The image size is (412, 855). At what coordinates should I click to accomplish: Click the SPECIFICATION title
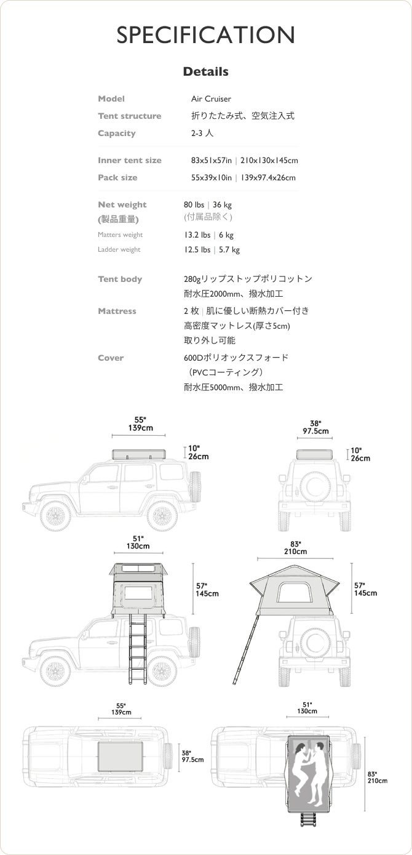point(205,34)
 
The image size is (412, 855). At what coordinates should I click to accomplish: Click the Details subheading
point(205,72)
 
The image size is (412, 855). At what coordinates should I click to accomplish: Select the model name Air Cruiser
point(211,98)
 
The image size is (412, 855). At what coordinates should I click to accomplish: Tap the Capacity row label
point(116,133)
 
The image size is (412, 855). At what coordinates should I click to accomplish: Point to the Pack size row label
point(117,177)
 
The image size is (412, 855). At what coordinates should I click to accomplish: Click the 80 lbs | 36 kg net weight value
point(208,204)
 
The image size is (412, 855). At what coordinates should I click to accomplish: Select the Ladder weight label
point(119,249)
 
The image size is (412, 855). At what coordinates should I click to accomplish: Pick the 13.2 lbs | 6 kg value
point(208,235)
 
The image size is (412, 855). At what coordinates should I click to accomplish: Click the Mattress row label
point(117,311)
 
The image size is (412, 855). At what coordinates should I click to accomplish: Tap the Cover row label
point(111,358)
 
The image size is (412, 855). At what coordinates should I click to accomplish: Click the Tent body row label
point(120,279)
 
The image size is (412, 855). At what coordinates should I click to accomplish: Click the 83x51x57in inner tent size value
point(211,160)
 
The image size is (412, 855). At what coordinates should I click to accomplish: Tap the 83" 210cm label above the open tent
point(295,548)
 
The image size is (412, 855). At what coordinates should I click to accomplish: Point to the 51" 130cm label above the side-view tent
point(138,542)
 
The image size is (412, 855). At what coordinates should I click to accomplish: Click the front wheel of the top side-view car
point(56,516)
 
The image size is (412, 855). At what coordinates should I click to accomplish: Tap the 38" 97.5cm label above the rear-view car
point(315,427)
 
